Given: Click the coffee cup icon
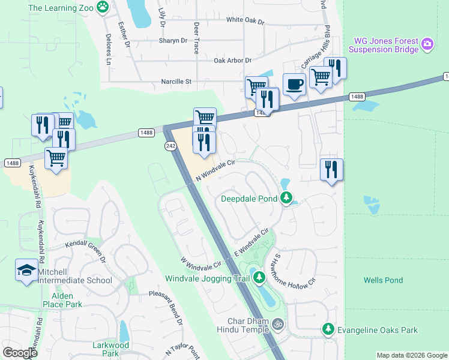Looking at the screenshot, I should point(294,83).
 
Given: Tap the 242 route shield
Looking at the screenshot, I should point(170,146).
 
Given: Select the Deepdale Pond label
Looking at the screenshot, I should point(249,199).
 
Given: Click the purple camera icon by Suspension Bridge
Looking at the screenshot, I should point(427,43).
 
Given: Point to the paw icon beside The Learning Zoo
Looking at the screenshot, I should point(103,8).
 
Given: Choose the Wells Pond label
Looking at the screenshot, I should point(383,280).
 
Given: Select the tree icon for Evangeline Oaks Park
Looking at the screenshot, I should point(328,329).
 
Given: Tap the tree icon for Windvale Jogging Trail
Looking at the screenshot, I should point(259,278).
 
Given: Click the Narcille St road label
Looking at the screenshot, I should point(175,82).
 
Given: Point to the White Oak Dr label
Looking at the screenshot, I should point(245,20).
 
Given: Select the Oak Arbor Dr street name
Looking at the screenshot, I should point(232,61).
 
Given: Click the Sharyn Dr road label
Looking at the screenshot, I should point(173,41).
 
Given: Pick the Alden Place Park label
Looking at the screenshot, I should point(62,300).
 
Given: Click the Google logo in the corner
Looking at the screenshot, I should point(20,353).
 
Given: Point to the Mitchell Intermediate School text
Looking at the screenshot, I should point(74,276).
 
